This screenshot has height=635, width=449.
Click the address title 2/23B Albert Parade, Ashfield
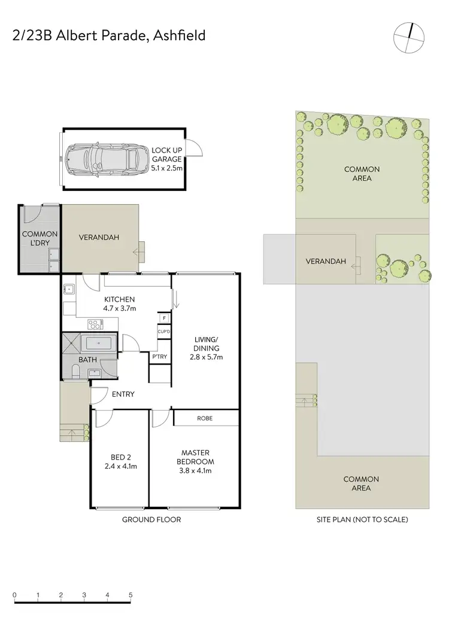click(x=108, y=35)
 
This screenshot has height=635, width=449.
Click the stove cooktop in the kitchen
click(x=95, y=324)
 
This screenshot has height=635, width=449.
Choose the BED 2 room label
click(x=117, y=461)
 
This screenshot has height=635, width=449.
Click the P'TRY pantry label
click(x=159, y=357)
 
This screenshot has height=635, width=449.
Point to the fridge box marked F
click(x=163, y=318)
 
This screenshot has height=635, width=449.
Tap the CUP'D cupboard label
click(x=163, y=331)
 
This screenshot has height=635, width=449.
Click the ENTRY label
click(x=123, y=394)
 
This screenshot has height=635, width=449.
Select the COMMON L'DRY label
click(x=40, y=239)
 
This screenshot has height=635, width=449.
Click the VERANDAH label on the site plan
click(x=326, y=262)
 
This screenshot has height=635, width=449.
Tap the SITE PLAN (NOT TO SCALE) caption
click(x=362, y=519)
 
